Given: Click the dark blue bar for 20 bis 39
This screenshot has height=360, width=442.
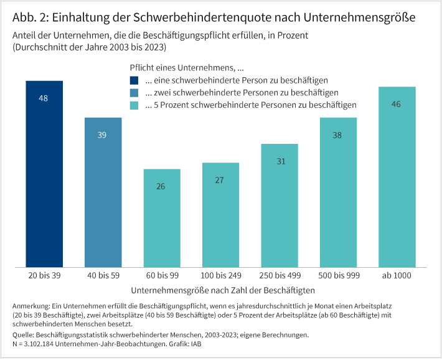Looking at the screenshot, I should (44, 174).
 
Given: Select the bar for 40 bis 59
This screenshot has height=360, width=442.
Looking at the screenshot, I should (103, 193).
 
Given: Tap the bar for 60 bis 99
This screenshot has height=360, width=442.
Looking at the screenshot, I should (162, 218).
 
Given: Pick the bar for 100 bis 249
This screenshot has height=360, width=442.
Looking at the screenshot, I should (220, 215).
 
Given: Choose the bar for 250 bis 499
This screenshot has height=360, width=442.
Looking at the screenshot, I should (280, 206).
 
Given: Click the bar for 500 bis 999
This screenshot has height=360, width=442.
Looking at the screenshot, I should (338, 193).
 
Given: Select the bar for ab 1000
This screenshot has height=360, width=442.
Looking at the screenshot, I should (397, 178).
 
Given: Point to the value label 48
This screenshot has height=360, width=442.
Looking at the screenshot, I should (44, 98).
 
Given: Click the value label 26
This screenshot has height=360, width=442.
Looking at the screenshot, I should (162, 186).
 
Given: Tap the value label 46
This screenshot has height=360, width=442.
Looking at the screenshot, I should (397, 104).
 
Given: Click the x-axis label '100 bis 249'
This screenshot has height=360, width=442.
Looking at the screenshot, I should (220, 275).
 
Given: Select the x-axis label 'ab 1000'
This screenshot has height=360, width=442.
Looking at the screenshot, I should (397, 275).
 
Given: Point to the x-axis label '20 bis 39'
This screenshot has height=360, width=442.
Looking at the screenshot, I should (44, 275).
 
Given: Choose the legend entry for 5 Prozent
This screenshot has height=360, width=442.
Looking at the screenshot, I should (250, 105).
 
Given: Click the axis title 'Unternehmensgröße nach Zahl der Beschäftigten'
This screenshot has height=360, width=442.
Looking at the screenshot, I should (223, 290).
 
